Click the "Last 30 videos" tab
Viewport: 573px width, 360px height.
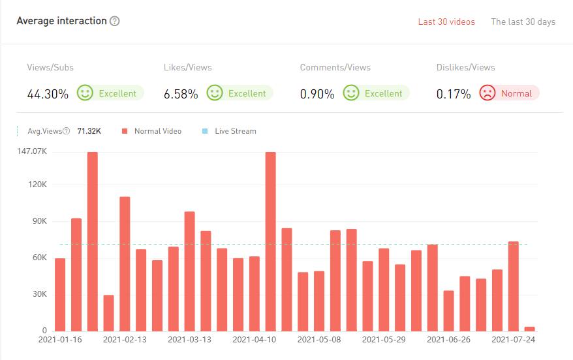point(446,22)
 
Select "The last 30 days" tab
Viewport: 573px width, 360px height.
point(523,22)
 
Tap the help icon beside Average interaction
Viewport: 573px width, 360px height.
point(115,21)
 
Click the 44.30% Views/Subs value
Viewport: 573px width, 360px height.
point(48,94)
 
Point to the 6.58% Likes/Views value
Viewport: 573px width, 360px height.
point(181,94)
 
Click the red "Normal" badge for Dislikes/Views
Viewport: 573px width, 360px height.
point(509,93)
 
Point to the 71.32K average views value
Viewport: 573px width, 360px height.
point(89,131)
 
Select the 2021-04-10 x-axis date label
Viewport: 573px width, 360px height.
point(255,340)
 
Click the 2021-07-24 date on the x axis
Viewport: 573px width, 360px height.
point(514,340)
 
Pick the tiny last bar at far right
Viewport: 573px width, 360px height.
point(530,329)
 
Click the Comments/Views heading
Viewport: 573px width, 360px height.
point(335,67)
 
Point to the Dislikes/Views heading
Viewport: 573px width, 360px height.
point(465,67)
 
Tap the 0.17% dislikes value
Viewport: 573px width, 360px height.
point(454,94)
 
